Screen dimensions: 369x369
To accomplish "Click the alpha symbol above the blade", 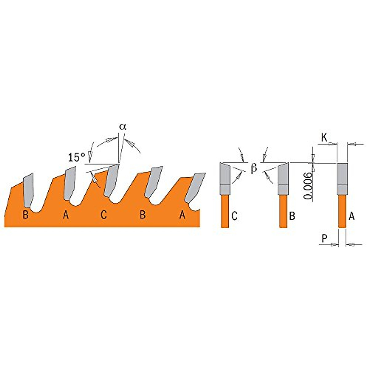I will pyautogui.click(x=123, y=127).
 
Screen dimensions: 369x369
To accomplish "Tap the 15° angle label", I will pyautogui.click(x=77, y=157).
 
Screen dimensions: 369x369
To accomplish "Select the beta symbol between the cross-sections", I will pyautogui.click(x=254, y=168).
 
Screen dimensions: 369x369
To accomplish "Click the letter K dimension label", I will pyautogui.click(x=324, y=137).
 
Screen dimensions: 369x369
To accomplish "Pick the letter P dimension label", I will pyautogui.click(x=324, y=238).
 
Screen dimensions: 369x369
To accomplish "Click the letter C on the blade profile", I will pyautogui.click(x=104, y=215).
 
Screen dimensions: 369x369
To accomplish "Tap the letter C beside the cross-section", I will pyautogui.click(x=234, y=216).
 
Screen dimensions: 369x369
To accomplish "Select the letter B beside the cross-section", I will pyautogui.click(x=292, y=216).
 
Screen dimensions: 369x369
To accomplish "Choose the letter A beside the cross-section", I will pyautogui.click(x=352, y=216).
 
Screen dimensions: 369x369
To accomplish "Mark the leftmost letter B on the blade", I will pyautogui.click(x=26, y=215).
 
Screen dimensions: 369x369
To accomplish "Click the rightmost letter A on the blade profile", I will pyautogui.click(x=182, y=215).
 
